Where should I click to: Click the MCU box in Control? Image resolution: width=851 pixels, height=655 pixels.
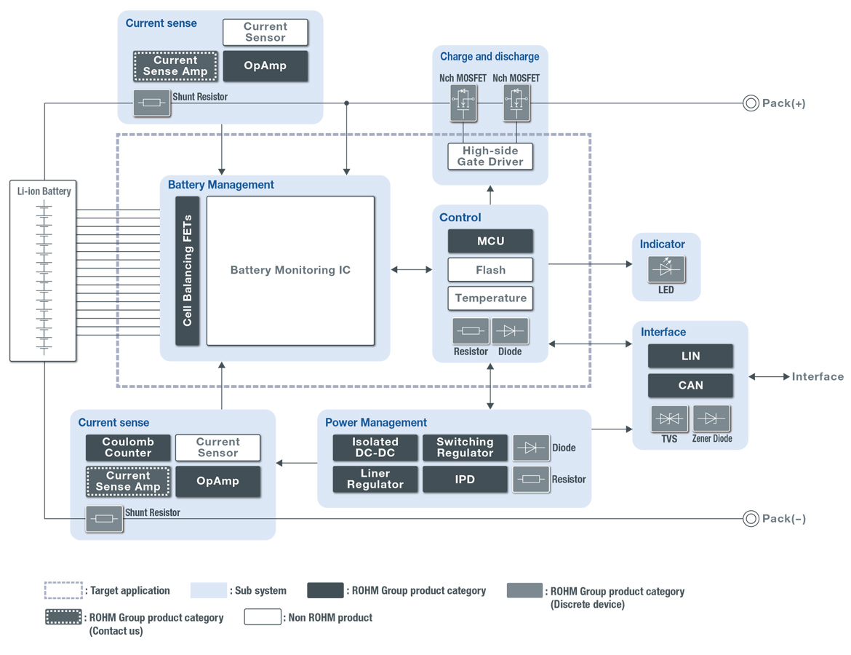pos(490,241)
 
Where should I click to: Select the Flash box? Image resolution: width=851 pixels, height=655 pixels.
pos(490,270)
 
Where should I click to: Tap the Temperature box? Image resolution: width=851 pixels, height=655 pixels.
pos(490,298)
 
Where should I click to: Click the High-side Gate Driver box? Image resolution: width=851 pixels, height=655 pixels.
pos(490,156)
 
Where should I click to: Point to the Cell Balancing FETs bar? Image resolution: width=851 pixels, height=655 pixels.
pos(187,271)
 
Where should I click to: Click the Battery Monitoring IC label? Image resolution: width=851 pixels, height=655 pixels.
pos(290,270)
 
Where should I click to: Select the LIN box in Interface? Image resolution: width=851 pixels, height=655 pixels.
pos(690,357)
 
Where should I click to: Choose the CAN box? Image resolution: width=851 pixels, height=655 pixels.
pos(690,386)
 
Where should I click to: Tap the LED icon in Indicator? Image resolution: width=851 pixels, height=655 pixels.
pos(666,269)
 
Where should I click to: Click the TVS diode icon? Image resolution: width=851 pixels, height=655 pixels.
pos(669,419)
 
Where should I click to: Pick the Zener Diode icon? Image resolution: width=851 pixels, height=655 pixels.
pos(711,419)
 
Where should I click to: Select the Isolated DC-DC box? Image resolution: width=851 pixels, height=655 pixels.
pos(375,448)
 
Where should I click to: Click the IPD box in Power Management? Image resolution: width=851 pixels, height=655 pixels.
pos(465,480)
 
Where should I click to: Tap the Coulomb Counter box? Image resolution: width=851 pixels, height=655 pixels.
pos(128,448)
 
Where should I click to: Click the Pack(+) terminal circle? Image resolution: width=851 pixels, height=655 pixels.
pos(751,103)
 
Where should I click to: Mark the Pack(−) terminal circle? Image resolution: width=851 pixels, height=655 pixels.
pos(751,519)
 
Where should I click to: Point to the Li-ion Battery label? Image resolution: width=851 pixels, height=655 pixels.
pos(44,191)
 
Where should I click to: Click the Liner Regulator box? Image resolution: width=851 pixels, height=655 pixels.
pos(375,480)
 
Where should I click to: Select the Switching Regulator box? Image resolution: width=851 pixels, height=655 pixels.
pos(465,448)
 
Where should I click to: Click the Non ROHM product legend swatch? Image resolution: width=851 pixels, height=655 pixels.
pos(263,617)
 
